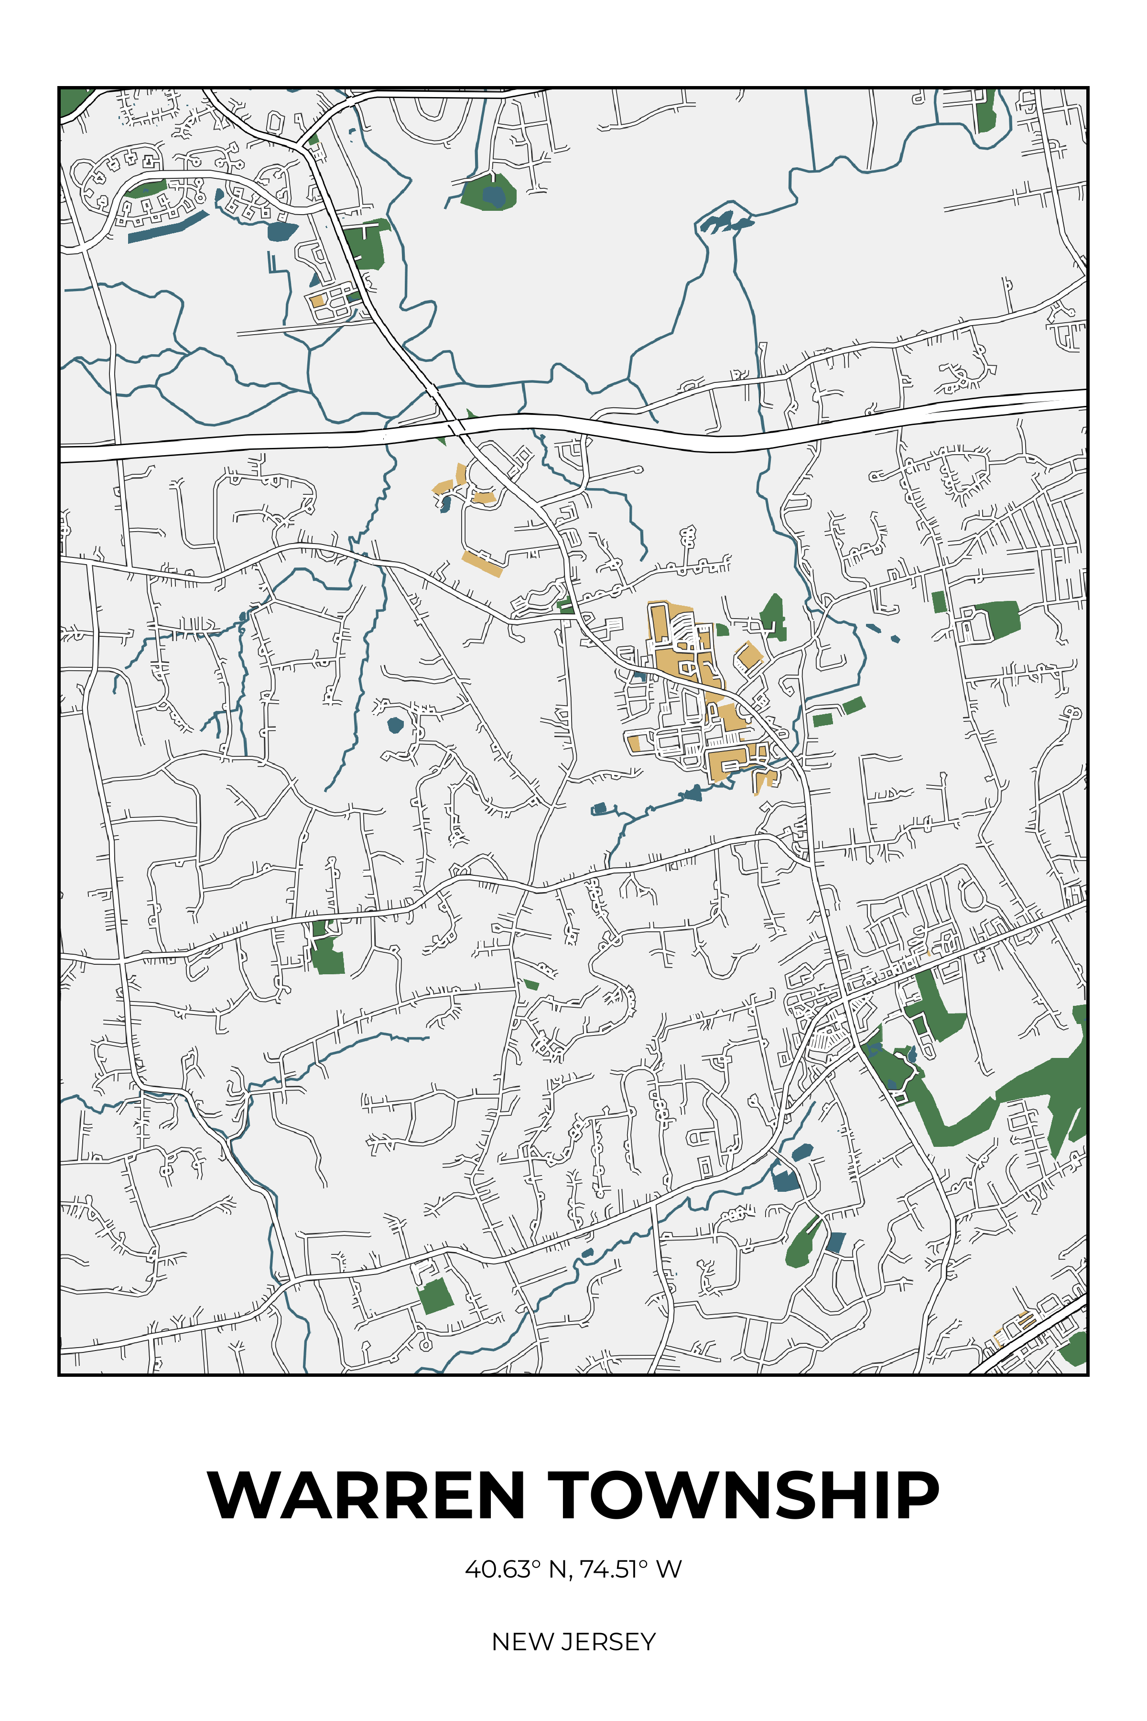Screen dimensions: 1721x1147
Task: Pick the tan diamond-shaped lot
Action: (747, 655)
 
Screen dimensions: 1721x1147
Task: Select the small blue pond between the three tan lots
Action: (444, 503)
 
